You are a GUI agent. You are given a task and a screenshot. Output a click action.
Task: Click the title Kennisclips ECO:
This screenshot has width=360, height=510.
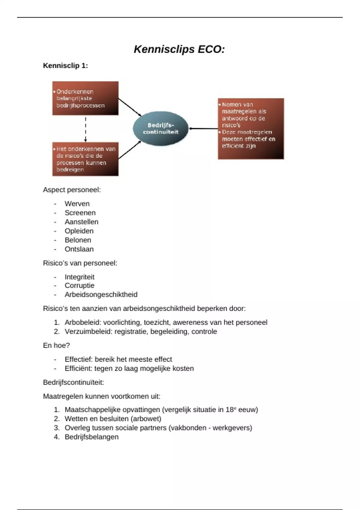coord(179,49)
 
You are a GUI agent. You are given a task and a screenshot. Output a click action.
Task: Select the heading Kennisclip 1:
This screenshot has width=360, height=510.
coord(65,66)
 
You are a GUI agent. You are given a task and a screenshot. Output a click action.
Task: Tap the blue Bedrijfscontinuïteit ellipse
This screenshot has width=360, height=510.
coord(160,129)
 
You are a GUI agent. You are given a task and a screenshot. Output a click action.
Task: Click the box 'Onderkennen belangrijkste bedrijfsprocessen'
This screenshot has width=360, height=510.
coord(85,98)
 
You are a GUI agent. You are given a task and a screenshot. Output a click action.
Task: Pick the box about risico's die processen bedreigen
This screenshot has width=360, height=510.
coord(85,159)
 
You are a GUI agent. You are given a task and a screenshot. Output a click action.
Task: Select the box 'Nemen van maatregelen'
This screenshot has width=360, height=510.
coord(250,128)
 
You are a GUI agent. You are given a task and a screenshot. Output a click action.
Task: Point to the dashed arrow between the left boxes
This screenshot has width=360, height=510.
coord(85,129)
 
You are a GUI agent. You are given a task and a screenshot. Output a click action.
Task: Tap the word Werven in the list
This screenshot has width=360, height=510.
coord(77,204)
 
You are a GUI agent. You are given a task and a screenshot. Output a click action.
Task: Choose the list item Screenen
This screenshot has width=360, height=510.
coord(80,213)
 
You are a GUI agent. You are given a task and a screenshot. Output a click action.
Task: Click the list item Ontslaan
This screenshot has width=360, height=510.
coord(79,249)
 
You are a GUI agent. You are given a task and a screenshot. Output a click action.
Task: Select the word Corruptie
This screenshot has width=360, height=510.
coord(79,286)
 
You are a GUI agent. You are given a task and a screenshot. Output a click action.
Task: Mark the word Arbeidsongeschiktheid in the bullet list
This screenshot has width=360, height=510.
coord(101,295)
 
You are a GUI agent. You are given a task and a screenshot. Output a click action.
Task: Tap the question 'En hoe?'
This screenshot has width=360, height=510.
coord(56,346)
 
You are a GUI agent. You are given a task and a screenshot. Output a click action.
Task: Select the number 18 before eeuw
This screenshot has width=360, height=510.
coord(229,410)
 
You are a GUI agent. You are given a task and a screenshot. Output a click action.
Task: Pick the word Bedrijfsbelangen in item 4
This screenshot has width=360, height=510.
coord(91,437)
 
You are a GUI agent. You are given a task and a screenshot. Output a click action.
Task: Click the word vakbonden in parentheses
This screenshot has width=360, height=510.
coord(185,428)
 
